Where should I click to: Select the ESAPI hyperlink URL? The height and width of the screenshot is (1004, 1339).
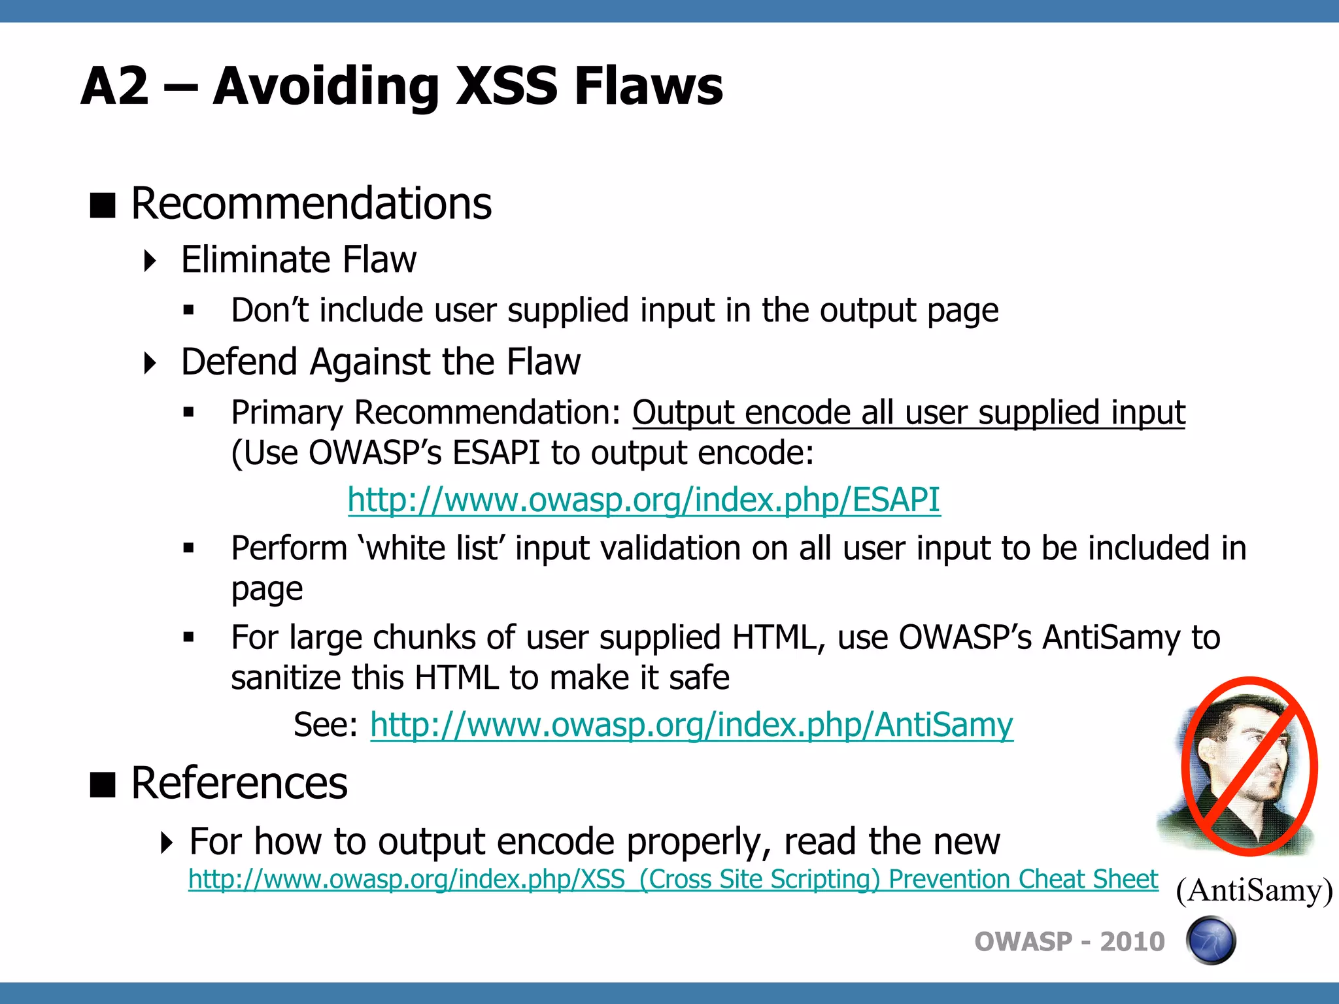643,500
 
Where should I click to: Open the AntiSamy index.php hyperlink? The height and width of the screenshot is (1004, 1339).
691,725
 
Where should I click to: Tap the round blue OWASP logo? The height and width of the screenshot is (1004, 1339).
1211,941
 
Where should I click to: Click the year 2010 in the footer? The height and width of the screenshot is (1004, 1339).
1132,942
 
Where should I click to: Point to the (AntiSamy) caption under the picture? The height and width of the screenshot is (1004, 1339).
1254,890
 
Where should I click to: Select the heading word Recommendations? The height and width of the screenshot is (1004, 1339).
311,204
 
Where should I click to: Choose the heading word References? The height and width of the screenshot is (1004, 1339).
239,783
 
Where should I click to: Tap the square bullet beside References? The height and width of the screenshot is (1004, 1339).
103,784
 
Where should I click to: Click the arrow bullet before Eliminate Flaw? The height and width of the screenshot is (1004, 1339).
150,261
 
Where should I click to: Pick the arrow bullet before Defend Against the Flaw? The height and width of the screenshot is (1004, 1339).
150,363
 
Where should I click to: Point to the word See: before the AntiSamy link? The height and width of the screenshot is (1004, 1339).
325,725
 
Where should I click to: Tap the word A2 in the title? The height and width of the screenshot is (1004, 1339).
115,86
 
